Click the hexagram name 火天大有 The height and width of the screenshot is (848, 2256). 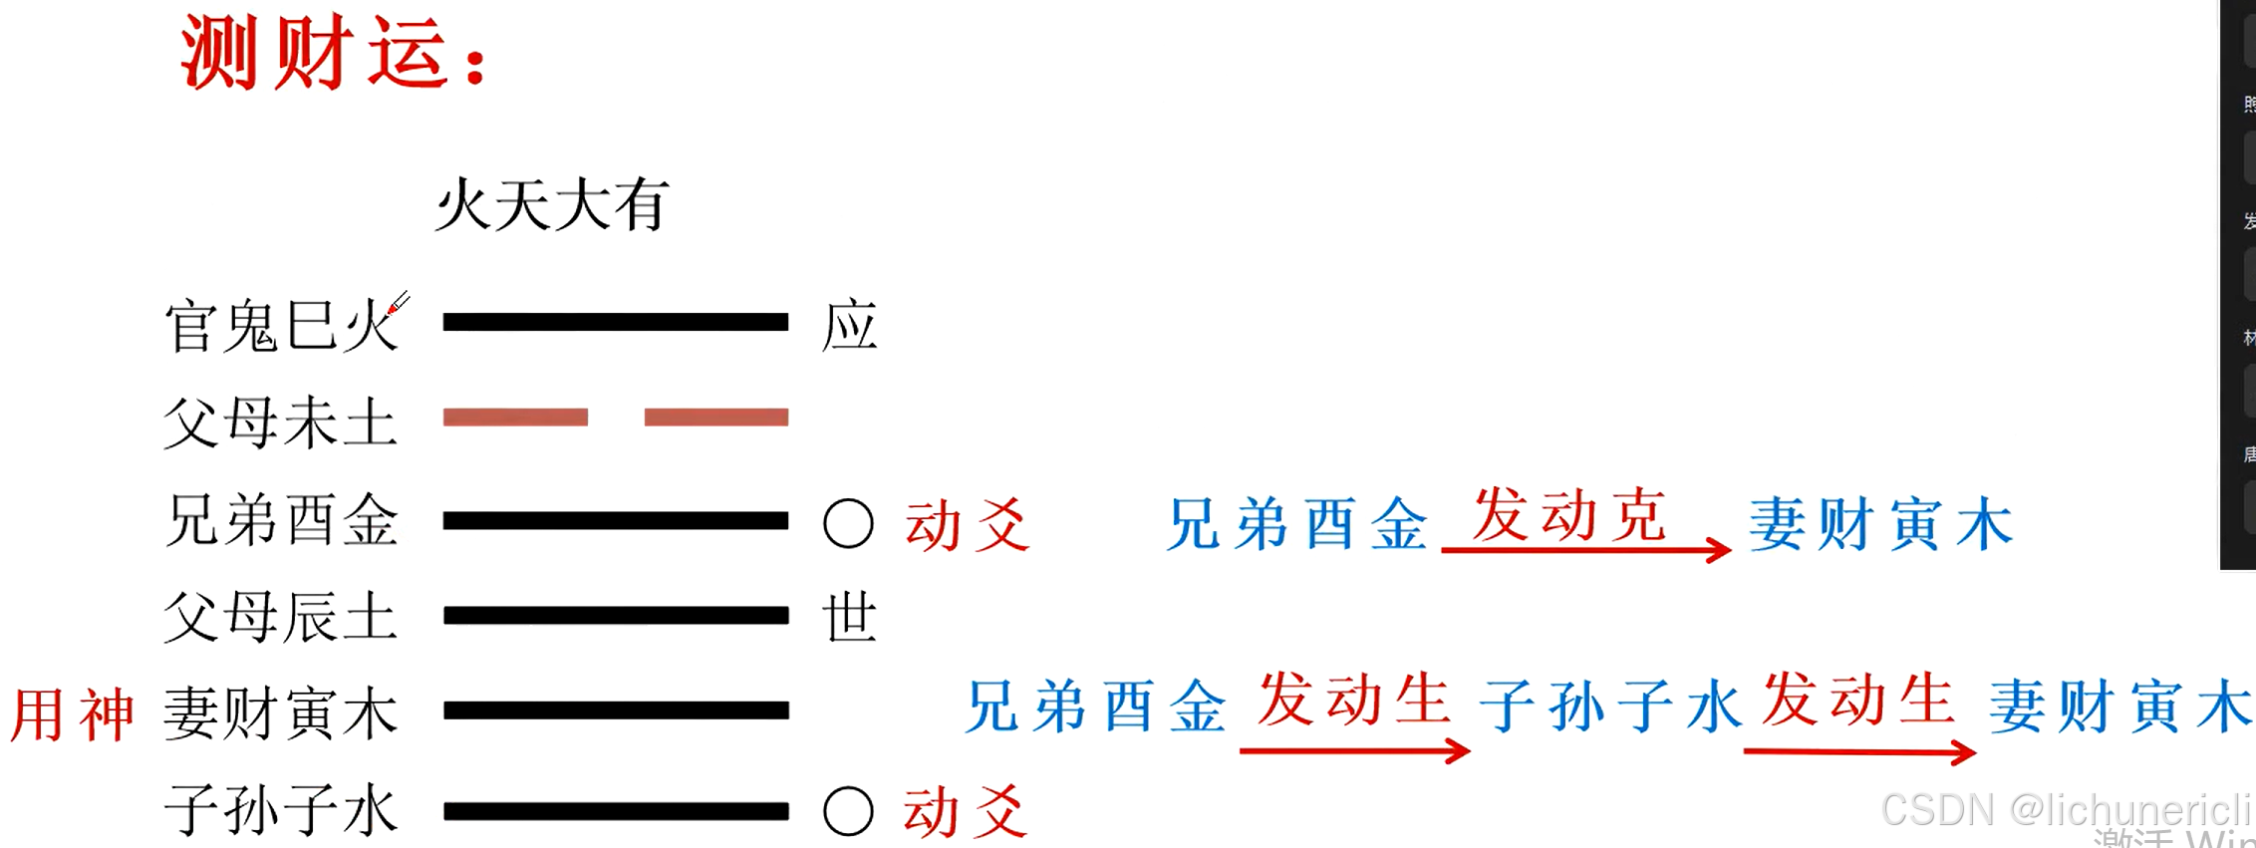tap(552, 205)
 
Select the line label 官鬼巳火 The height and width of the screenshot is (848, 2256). tap(281, 326)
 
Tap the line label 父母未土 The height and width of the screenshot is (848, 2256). tap(281, 422)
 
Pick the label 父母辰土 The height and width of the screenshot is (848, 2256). tap(281, 617)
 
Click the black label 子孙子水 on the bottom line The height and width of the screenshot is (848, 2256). tap(281, 809)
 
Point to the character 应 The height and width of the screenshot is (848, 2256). tap(849, 326)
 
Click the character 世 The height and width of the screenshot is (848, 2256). tap(849, 617)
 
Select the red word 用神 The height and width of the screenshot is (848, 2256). tap(72, 714)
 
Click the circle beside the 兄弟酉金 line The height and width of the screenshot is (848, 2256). tap(848, 523)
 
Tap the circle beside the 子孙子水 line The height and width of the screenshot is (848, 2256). tap(848, 810)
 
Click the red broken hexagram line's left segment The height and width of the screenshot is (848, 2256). tap(515, 418)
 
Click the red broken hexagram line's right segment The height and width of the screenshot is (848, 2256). tap(716, 418)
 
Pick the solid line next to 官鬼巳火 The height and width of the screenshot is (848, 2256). tap(615, 322)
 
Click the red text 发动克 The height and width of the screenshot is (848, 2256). tap(1569, 516)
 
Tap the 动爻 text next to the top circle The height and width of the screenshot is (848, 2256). tap(967, 525)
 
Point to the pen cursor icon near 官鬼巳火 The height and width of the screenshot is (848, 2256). tap(398, 303)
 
